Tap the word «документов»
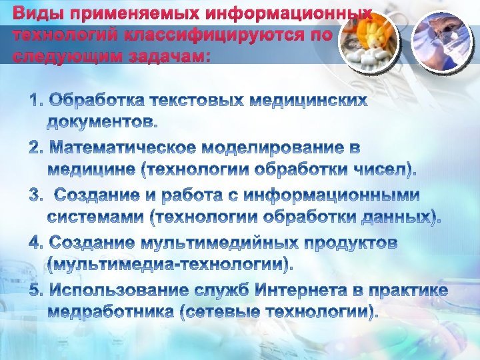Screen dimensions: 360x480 coord(102,123)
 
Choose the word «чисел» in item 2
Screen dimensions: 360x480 coord(375,169)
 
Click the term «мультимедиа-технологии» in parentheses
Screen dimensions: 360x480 coord(170,265)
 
